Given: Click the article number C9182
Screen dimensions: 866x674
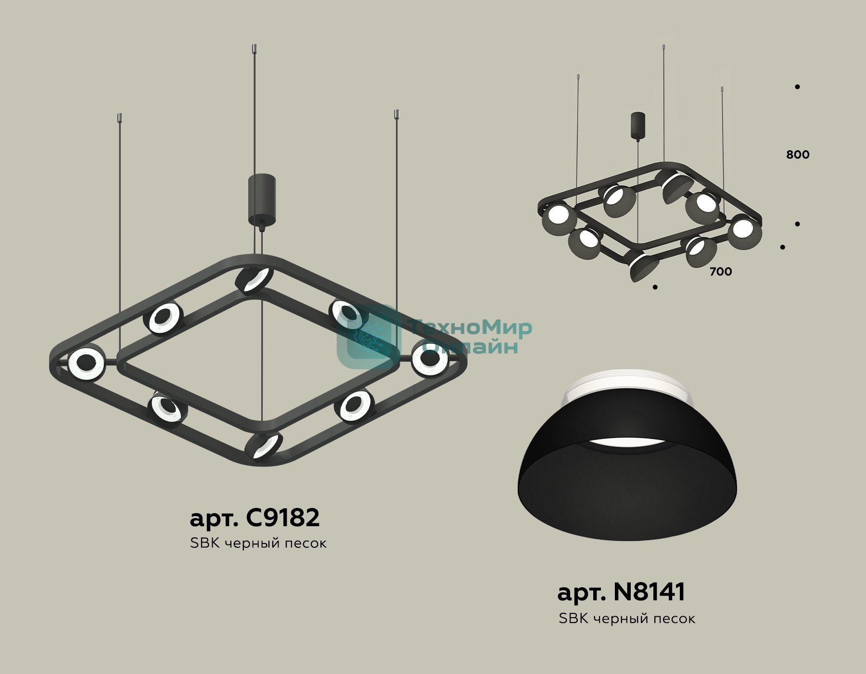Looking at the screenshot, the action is [282, 518].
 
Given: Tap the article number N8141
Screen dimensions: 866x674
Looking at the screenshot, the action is [649, 592].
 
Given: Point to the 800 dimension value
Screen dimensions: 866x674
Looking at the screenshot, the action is [798, 155].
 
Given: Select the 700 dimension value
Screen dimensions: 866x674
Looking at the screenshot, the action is [721, 272].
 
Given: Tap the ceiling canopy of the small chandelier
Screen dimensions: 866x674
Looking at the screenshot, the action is [638, 126].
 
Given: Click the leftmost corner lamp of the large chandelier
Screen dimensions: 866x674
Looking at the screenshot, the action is [86, 364].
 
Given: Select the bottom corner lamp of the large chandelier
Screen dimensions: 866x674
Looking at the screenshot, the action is [263, 447].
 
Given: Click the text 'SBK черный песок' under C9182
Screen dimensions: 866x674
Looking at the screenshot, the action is [258, 543].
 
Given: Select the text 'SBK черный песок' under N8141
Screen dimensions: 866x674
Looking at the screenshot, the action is [627, 618].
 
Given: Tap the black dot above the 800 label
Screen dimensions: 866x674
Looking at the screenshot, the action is [797, 87].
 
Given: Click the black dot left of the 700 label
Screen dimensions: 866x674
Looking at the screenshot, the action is [655, 287].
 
